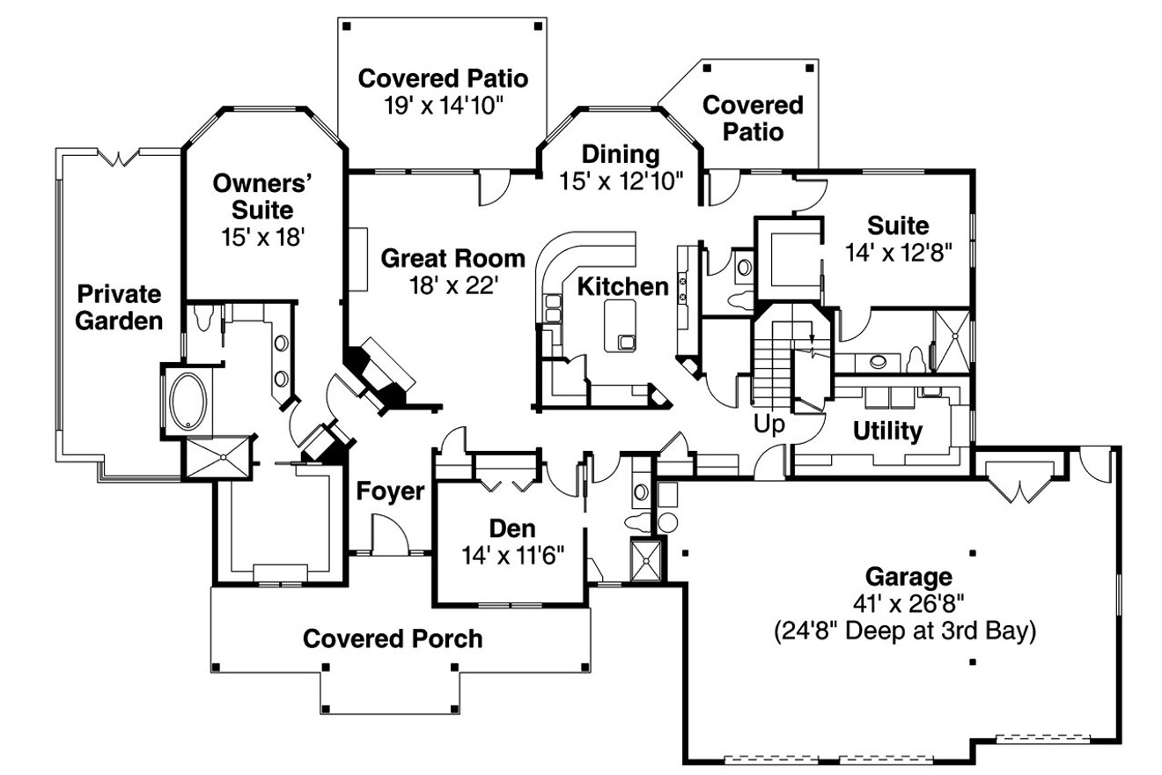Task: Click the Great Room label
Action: pos(453,259)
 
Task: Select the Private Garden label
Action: pos(119,306)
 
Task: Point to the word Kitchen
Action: pos(622,286)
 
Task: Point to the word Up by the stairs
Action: pos(769,424)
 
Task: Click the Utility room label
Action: pos(886,432)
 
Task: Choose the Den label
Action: pos(512,528)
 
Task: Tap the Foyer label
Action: pos(391,491)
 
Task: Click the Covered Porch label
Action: pos(393,638)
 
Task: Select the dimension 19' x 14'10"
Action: pos(443,105)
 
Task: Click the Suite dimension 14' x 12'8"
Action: pos(898,252)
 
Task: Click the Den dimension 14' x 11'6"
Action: pos(512,555)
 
